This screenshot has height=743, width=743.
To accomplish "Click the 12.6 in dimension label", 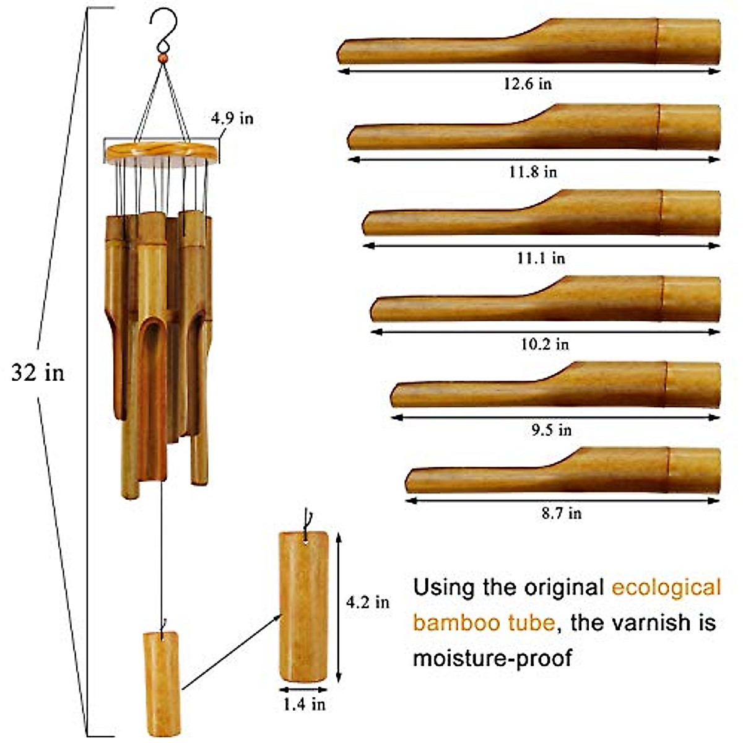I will [x=527, y=84].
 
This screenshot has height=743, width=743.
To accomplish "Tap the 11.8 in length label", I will [x=533, y=172].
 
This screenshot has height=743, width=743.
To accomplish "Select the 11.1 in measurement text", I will [x=541, y=258].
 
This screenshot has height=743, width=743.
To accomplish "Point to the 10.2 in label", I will [x=544, y=344].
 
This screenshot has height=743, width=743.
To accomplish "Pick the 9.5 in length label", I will [x=551, y=430].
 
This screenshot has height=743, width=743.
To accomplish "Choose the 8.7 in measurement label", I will [x=561, y=513].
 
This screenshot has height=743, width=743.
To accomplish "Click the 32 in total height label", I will [x=38, y=373].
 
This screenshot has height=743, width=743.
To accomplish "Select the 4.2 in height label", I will [x=368, y=601].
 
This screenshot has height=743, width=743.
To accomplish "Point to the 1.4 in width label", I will [x=304, y=703].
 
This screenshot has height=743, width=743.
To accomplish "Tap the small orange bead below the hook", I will [x=163, y=58].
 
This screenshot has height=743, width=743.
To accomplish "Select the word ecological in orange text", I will [x=666, y=587].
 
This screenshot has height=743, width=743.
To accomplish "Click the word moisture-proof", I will [x=492, y=658].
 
